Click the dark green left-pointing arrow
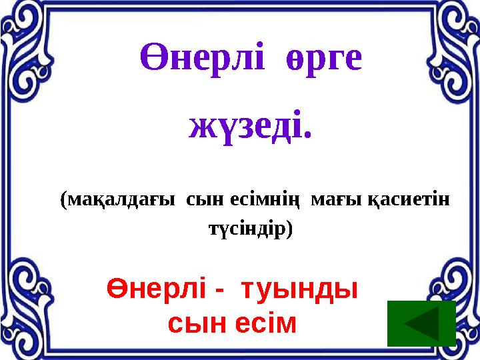click(x=421, y=324)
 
